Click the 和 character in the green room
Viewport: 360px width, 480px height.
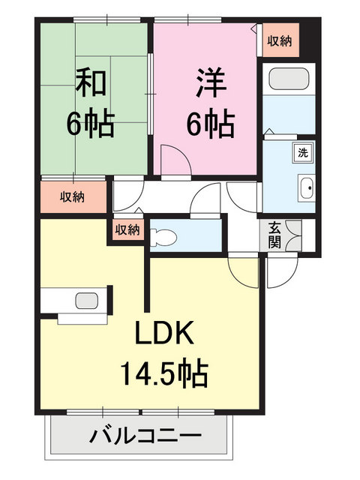coord(90,82)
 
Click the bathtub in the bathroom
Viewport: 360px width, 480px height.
coord(289,79)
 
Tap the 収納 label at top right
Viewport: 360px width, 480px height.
coord(280,40)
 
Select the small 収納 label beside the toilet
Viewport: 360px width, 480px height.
coord(127,230)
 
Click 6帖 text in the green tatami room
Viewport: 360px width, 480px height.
coord(90,124)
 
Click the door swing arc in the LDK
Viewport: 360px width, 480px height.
coord(242,271)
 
